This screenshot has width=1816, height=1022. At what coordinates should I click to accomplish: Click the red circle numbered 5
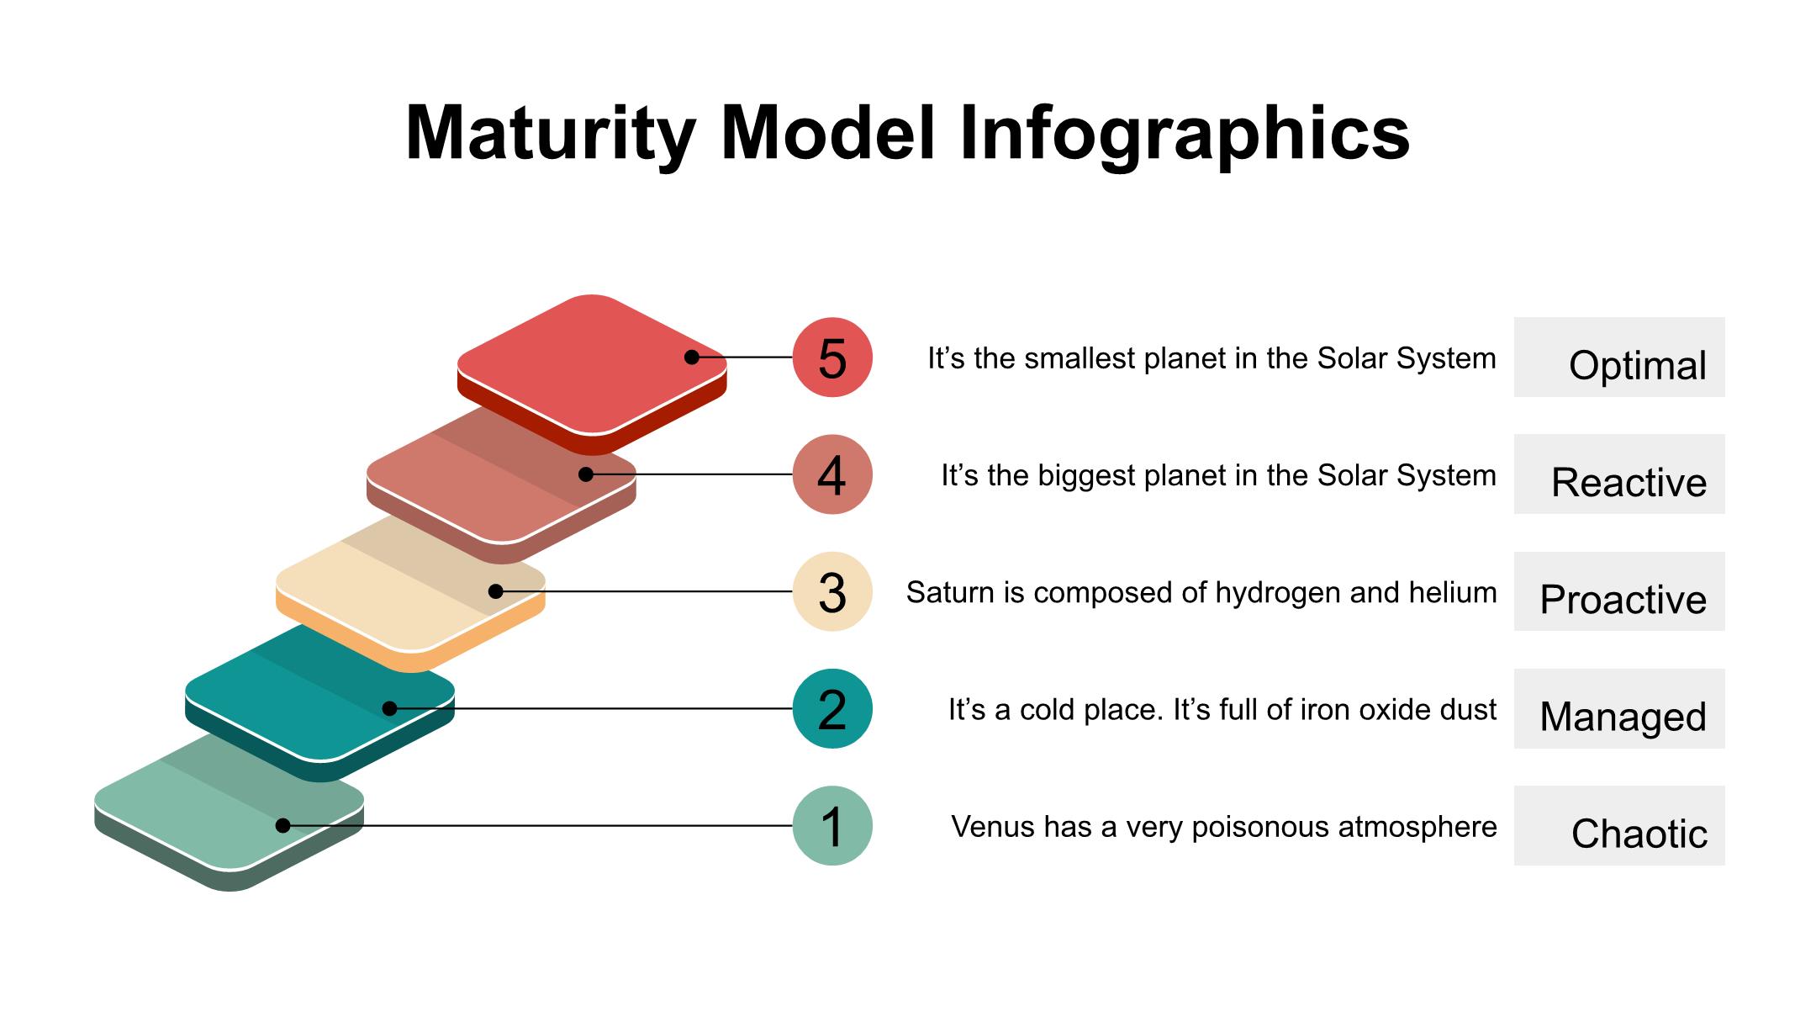[x=832, y=357]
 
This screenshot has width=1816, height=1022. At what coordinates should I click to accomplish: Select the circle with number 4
[x=832, y=474]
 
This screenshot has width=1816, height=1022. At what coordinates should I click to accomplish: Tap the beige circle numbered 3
[x=832, y=591]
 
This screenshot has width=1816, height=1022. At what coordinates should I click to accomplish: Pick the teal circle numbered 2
[x=832, y=708]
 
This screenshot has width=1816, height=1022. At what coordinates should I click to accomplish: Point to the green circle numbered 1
[x=832, y=826]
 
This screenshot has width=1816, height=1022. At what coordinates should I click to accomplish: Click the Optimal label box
[x=1619, y=357]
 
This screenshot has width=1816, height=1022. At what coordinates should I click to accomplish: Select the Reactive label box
[x=1619, y=474]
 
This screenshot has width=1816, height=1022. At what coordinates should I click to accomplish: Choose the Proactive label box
[x=1619, y=591]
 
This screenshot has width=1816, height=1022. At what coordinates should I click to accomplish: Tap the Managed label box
[x=1619, y=708]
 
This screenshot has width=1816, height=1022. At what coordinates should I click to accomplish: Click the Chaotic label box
[x=1619, y=826]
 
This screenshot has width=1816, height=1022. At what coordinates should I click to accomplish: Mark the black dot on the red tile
[x=692, y=357]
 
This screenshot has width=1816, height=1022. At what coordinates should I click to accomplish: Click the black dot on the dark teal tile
[x=389, y=708]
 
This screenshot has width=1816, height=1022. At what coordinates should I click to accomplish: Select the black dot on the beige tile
[x=496, y=591]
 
